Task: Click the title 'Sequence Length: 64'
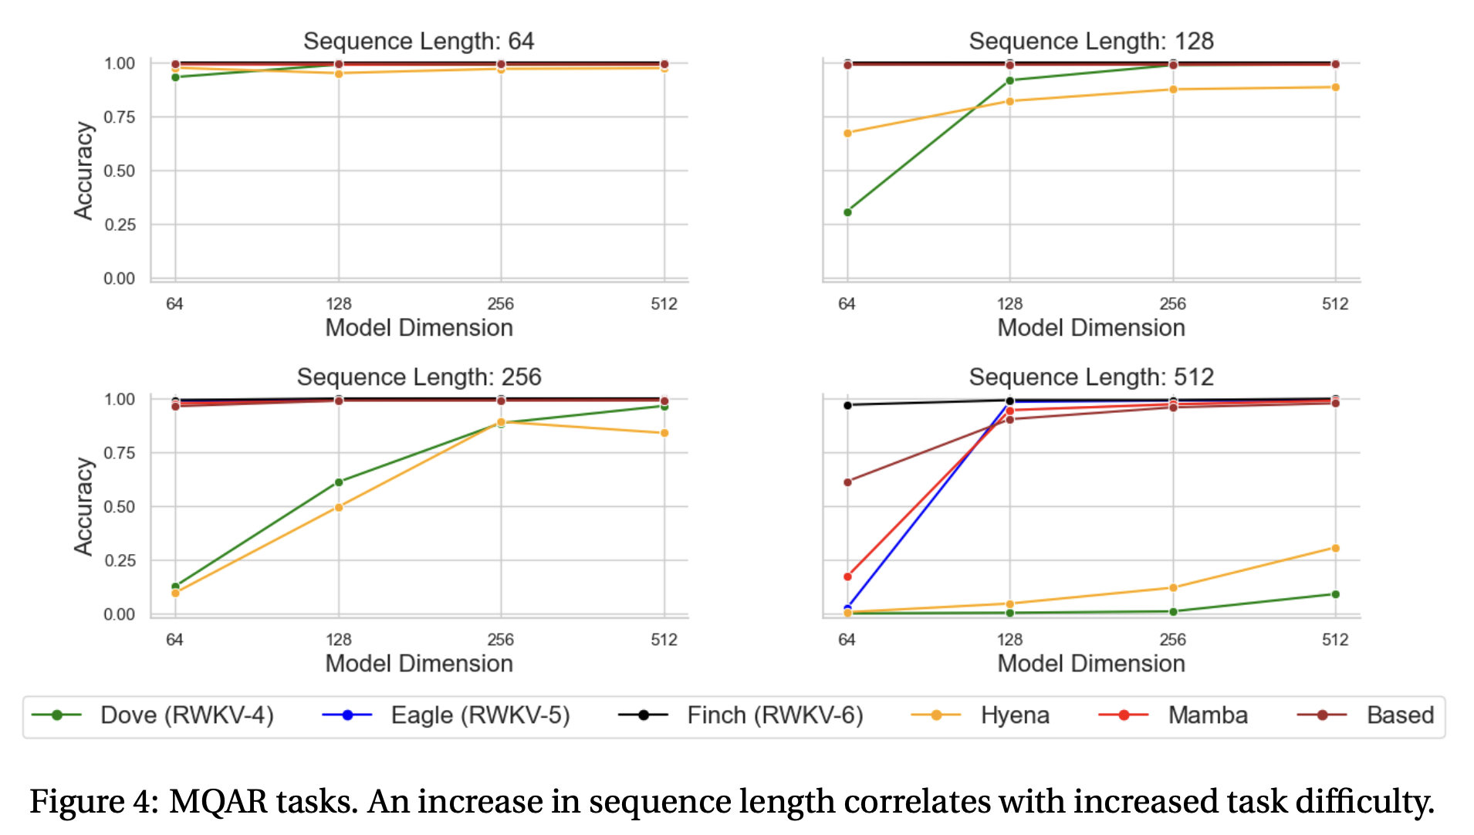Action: [418, 41]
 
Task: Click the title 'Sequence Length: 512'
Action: [1090, 377]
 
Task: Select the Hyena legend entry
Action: [1014, 715]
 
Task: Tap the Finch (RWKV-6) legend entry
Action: [774, 715]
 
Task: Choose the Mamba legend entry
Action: [1207, 715]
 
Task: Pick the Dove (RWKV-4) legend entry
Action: [186, 715]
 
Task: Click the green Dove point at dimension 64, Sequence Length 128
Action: [847, 212]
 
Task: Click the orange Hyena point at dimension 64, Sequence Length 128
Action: [847, 134]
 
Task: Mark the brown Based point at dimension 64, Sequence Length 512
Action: [847, 482]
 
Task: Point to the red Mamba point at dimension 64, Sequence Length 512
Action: [847, 576]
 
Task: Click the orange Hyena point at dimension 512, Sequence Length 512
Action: [1335, 549]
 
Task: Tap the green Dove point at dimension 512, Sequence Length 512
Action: [1335, 594]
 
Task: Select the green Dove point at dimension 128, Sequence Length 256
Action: [339, 482]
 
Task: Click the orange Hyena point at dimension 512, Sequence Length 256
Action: [664, 433]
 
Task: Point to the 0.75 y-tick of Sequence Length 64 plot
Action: [120, 117]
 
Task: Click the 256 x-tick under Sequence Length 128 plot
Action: [1172, 304]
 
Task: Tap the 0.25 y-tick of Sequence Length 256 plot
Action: [120, 561]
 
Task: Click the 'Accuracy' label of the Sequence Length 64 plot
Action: [83, 171]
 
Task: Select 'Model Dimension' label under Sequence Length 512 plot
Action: [1090, 664]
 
